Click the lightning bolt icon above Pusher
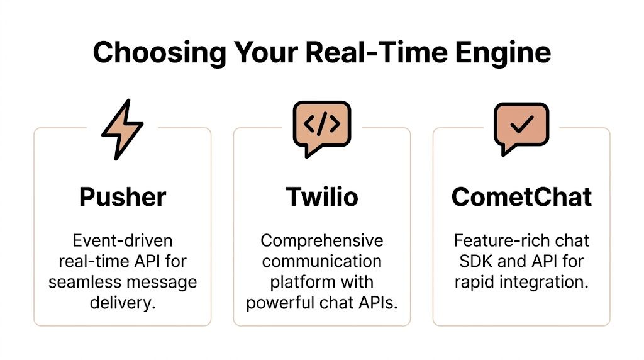[x=123, y=128]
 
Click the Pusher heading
[x=123, y=197]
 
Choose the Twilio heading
[x=322, y=197]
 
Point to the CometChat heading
[x=521, y=197]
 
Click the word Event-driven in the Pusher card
[x=123, y=241]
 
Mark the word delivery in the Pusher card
[x=123, y=303]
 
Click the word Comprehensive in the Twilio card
[x=322, y=241]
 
